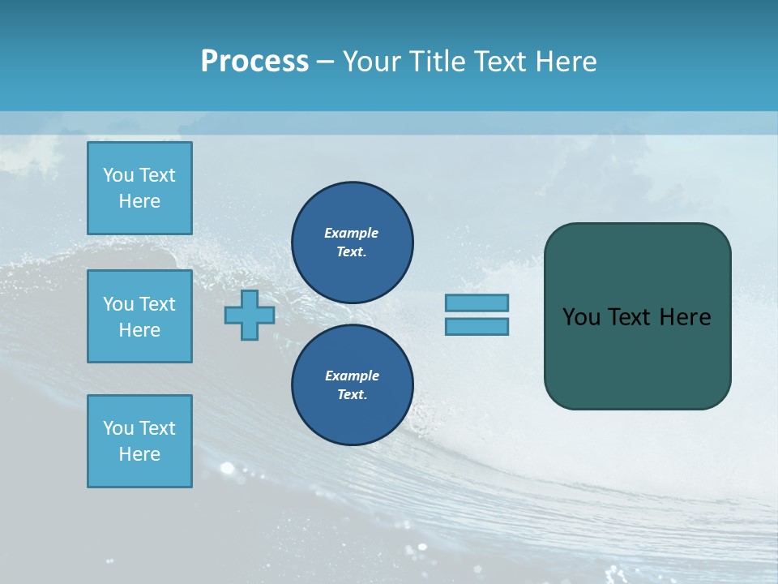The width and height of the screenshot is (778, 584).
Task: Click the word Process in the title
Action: (x=254, y=61)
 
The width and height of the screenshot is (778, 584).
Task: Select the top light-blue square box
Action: (x=139, y=188)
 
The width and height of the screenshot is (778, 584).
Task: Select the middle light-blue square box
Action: (x=139, y=316)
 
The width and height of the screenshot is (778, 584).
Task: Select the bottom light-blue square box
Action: (x=139, y=441)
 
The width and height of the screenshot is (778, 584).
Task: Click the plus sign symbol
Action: (x=250, y=316)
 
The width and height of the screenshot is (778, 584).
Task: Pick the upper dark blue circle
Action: (x=352, y=242)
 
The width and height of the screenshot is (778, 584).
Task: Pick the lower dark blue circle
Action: (x=352, y=385)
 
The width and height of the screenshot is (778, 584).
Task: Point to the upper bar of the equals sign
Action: (x=477, y=303)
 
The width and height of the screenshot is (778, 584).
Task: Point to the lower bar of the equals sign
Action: (x=477, y=327)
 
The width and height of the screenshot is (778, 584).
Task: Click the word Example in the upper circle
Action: (x=352, y=233)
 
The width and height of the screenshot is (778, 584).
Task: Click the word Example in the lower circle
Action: (x=352, y=376)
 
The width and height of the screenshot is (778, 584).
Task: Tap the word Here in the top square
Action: (x=139, y=201)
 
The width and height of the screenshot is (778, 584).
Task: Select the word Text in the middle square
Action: (x=157, y=304)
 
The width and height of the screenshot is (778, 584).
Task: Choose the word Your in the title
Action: (x=371, y=62)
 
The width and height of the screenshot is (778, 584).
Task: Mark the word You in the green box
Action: (x=581, y=317)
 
